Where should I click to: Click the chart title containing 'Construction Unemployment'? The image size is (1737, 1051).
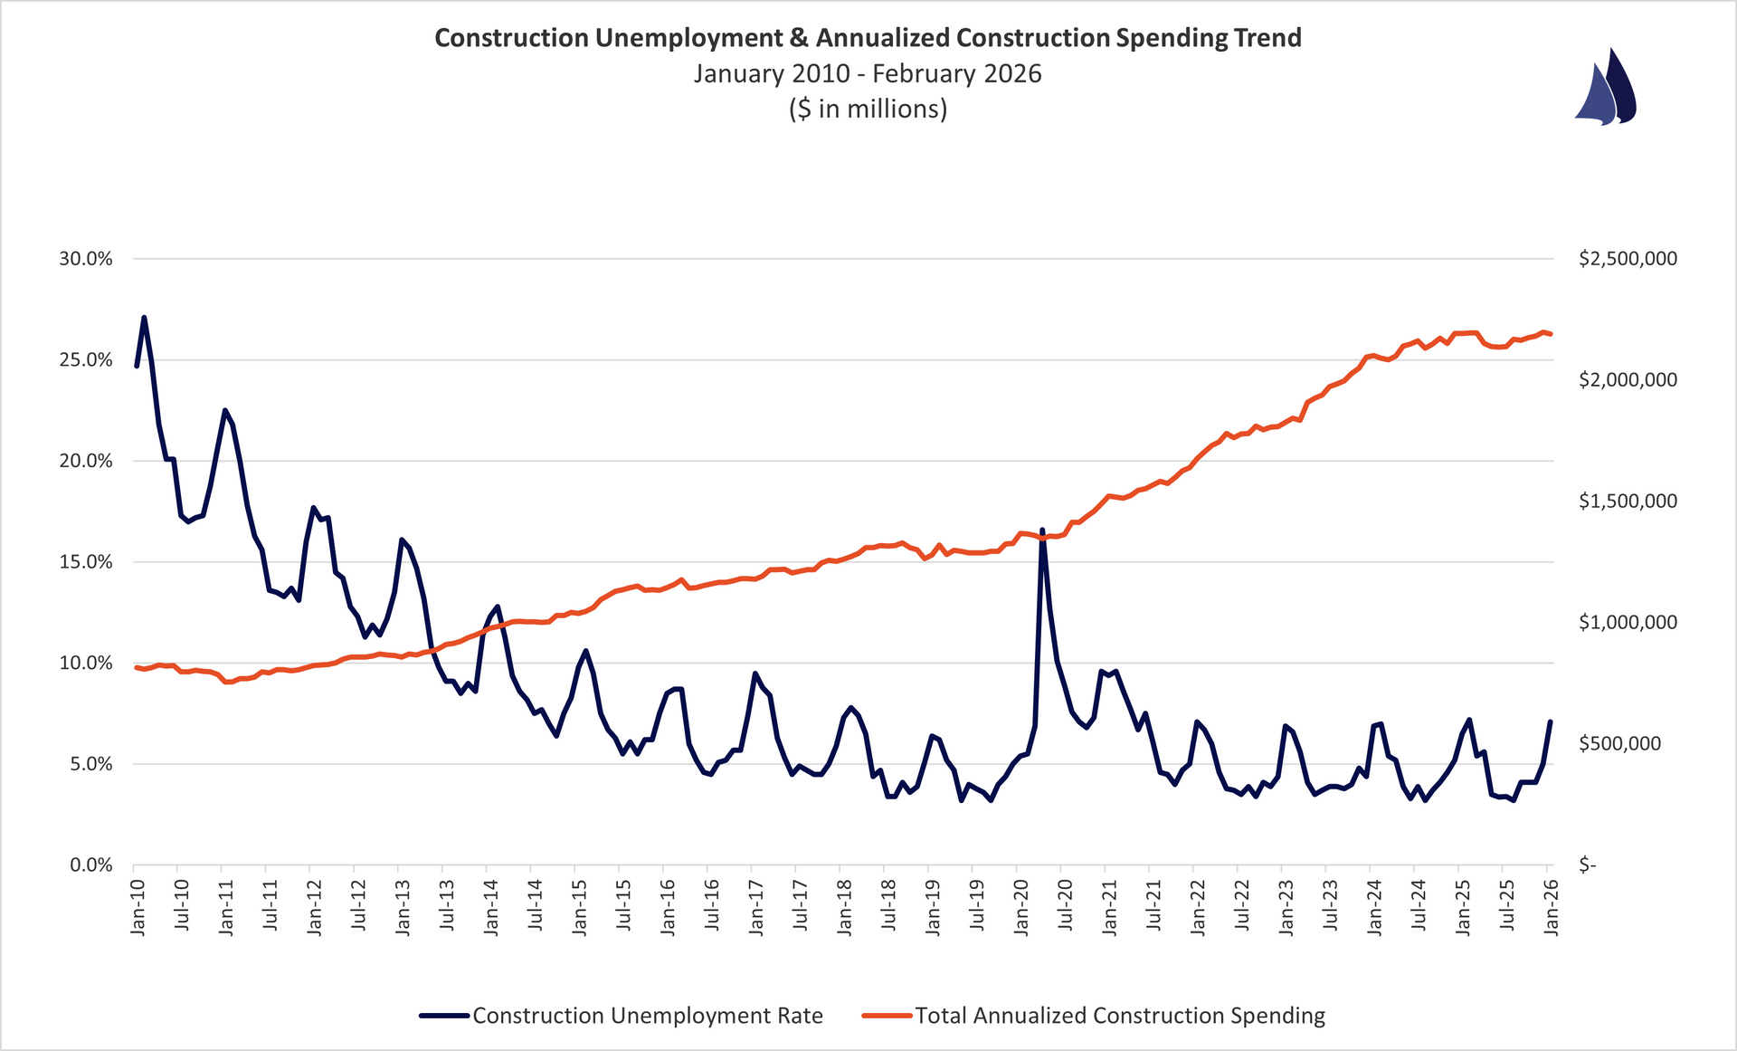coord(868,38)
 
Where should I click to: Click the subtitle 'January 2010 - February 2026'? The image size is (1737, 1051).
coord(868,73)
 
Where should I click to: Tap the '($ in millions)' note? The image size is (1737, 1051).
coord(868,110)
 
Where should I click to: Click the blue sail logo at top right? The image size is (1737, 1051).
coord(1607,88)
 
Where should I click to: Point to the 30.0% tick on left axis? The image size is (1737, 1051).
coord(86,259)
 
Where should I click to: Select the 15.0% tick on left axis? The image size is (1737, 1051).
coord(86,562)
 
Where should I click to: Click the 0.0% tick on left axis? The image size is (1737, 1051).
coord(90,865)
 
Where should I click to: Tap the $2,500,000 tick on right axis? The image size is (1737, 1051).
coord(1628,259)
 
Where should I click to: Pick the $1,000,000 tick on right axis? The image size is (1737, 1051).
coord(1628,623)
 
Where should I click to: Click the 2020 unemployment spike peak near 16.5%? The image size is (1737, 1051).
coord(1042,530)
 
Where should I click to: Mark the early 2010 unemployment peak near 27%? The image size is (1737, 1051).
coord(144,318)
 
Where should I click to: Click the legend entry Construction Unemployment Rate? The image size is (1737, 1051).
coord(647,1016)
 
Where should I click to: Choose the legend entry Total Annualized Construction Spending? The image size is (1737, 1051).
coord(1119,1016)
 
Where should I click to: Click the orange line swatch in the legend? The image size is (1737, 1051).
coord(887,1016)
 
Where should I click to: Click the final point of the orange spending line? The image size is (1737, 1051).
coord(1551,334)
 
